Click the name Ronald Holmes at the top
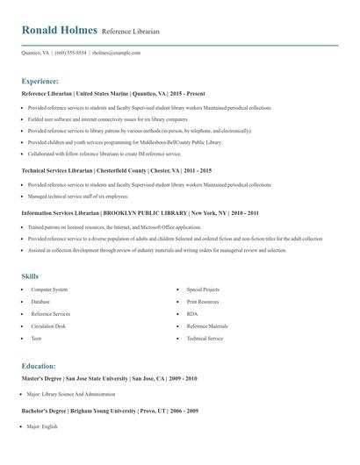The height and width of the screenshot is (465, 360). pyautogui.click(x=60, y=30)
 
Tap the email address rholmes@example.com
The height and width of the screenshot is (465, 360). pyautogui.click(x=117, y=53)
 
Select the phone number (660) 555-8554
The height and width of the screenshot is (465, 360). pyautogui.click(x=70, y=53)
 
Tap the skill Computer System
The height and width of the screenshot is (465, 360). pyautogui.click(x=49, y=289)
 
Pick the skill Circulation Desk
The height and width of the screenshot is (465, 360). pyautogui.click(x=49, y=325)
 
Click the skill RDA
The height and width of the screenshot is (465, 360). pyautogui.click(x=191, y=313)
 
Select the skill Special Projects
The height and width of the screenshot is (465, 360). pyautogui.click(x=203, y=289)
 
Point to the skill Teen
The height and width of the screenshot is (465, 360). pyautogui.click(x=36, y=338)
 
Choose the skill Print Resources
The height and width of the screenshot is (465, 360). pyautogui.click(x=204, y=301)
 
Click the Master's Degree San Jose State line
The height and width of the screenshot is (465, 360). pyautogui.click(x=110, y=378)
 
